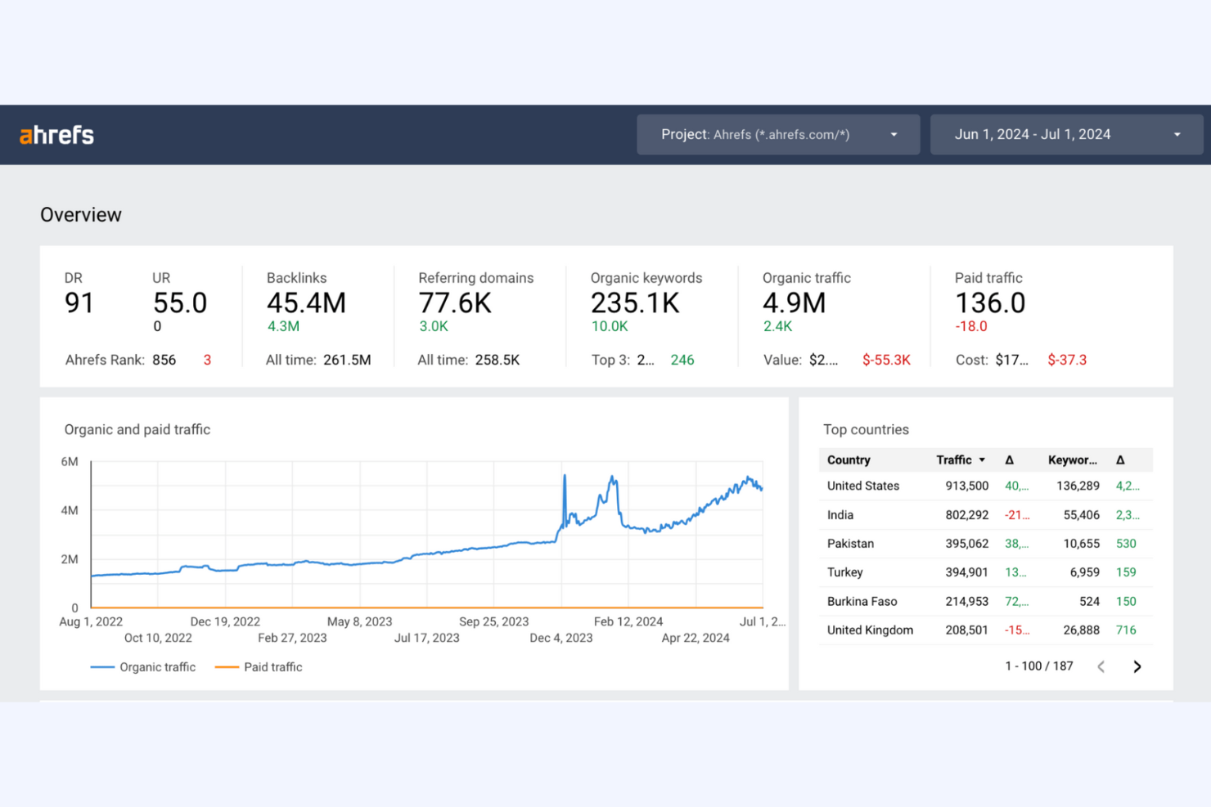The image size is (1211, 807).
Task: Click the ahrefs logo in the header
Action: pos(56,135)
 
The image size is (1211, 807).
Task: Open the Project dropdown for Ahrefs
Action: pos(777,135)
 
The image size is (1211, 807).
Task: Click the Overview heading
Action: pos(81,215)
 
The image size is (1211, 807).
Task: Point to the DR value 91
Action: pos(79,303)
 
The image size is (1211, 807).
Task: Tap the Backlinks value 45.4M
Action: pos(306,303)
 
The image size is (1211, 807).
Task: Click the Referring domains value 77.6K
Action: pos(455,303)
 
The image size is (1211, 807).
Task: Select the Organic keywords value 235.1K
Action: pos(635,303)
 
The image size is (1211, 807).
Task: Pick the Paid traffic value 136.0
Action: pos(990,303)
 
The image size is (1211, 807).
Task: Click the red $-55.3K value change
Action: pos(886,360)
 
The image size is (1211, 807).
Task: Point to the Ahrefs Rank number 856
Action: pos(164,360)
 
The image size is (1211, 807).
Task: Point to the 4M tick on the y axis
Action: pos(70,510)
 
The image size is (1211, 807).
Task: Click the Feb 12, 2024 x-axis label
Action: pos(628,621)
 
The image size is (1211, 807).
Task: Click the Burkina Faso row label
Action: pos(862,601)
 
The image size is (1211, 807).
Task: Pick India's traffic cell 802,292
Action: pos(966,515)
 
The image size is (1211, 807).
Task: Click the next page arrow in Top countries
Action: pos(1137,666)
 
